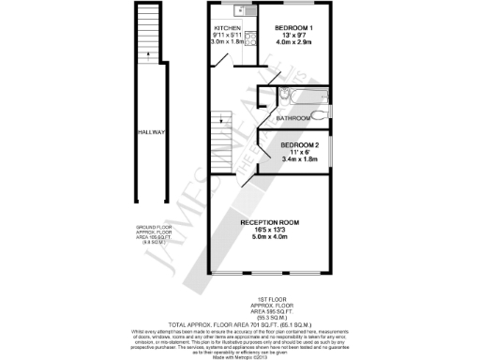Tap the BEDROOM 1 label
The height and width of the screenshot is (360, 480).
[293, 28]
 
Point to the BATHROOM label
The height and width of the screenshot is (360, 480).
[293, 119]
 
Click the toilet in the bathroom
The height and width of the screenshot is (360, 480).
[323, 116]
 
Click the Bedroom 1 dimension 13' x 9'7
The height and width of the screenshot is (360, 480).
[293, 36]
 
